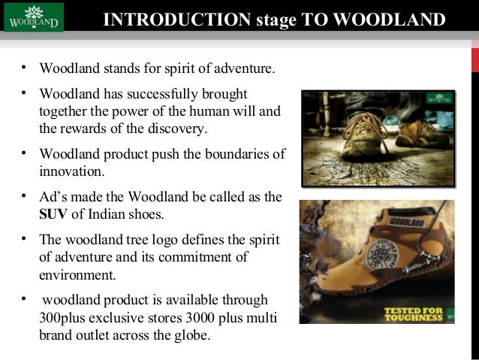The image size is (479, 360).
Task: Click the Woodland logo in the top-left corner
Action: (x=34, y=17)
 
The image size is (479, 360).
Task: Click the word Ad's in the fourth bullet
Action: (x=54, y=198)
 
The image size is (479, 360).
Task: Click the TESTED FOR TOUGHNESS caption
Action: (x=414, y=313)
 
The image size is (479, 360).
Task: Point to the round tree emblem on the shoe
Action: (x=379, y=256)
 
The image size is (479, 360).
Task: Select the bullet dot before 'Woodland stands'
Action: (x=24, y=69)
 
